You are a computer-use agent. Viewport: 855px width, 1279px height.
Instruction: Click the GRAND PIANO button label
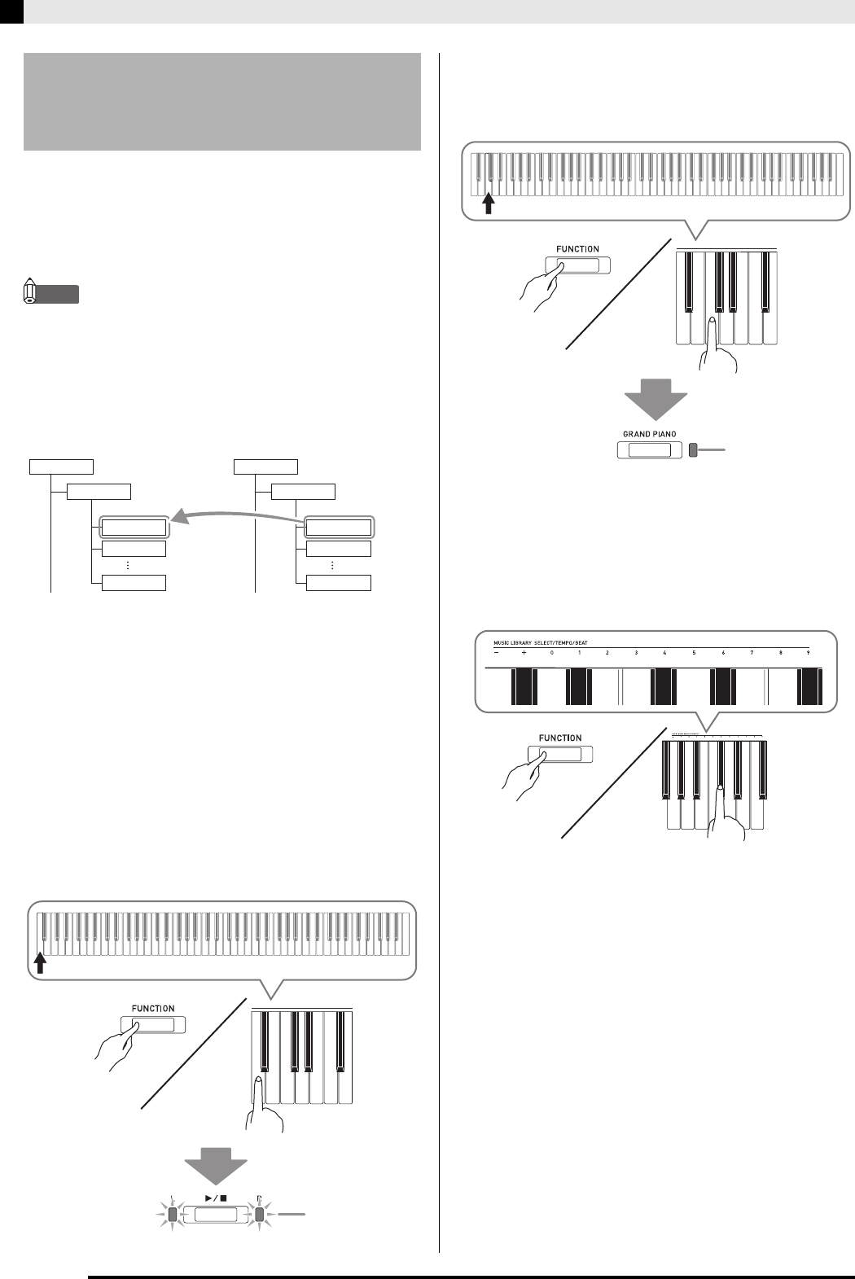[x=649, y=435]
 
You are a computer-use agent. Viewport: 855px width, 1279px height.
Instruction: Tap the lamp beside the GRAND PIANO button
[x=693, y=450]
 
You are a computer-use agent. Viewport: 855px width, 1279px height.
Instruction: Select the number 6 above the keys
[x=723, y=654]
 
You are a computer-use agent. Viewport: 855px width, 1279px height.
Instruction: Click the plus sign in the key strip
[x=524, y=654]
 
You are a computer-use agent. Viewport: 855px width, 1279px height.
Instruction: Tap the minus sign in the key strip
[x=495, y=654]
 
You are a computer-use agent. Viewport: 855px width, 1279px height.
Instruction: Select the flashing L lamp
[x=172, y=1215]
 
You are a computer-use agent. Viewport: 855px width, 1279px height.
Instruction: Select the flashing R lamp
[x=259, y=1215]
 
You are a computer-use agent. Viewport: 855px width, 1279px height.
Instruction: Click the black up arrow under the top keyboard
[x=489, y=202]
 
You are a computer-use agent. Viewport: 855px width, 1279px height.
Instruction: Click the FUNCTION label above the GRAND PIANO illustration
[x=577, y=249]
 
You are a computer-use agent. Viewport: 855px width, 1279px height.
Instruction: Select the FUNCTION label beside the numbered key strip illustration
[x=560, y=738]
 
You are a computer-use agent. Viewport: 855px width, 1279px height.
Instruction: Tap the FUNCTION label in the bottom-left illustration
[x=153, y=1008]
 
